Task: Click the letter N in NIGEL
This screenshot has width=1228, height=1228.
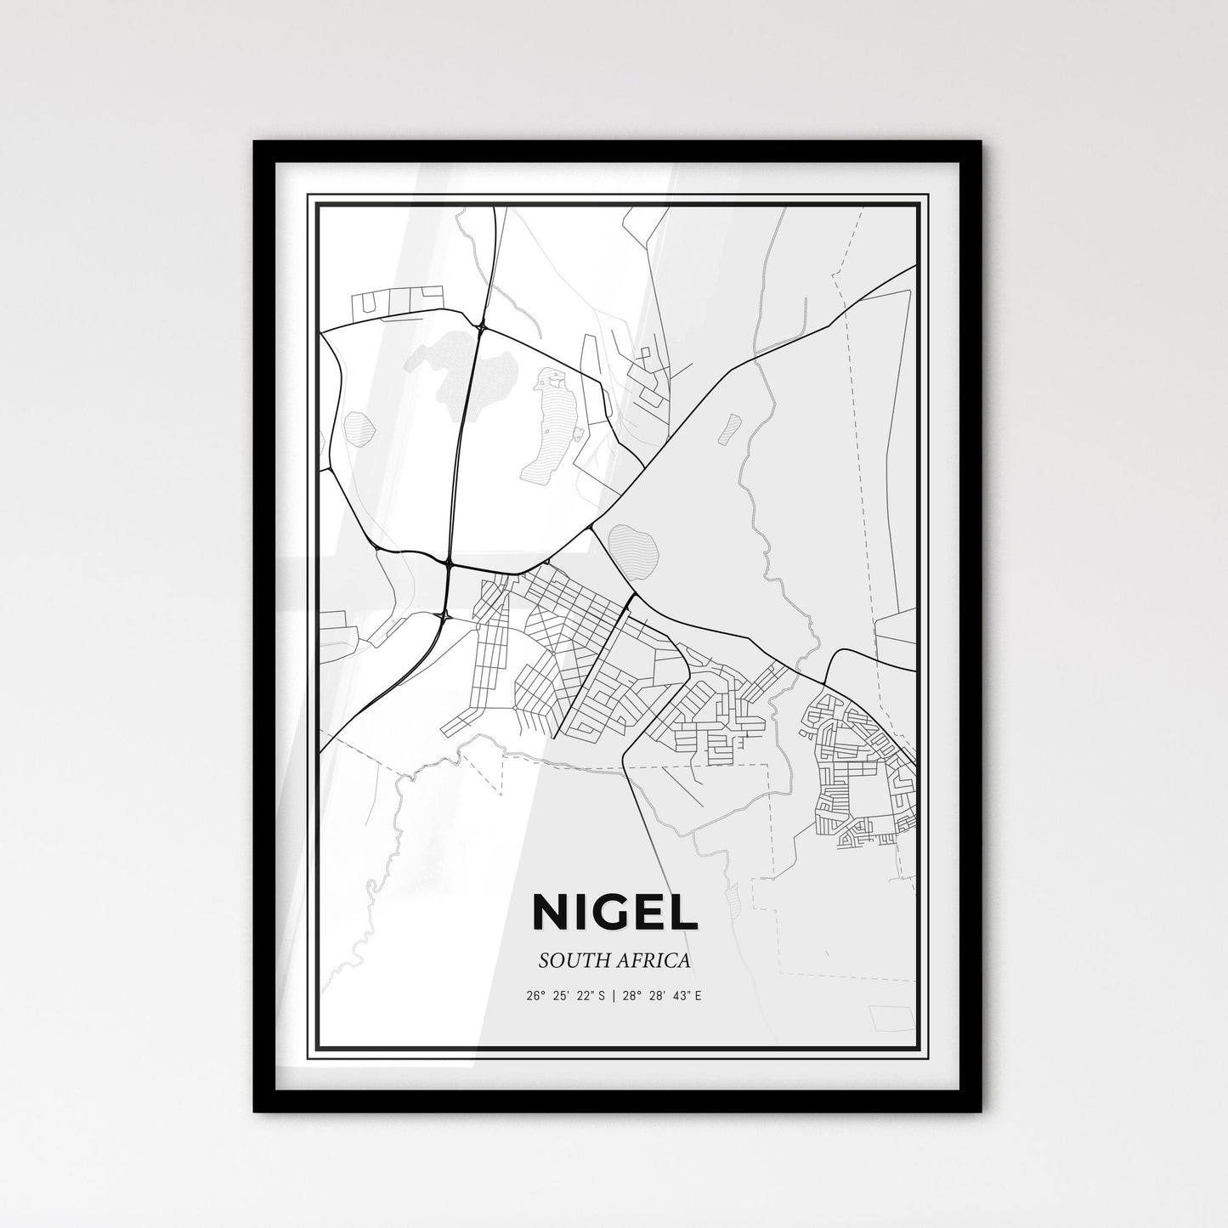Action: (x=551, y=912)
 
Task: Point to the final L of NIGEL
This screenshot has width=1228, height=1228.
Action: (x=686, y=912)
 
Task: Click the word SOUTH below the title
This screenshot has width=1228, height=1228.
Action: (x=569, y=960)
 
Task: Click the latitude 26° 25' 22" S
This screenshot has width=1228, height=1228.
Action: (x=565, y=995)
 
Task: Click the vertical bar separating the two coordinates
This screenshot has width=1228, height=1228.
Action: (x=614, y=995)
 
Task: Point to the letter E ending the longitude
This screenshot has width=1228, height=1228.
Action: (x=699, y=995)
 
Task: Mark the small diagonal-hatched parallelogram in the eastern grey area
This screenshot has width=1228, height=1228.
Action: (x=729, y=428)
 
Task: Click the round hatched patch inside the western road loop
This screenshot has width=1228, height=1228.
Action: (x=359, y=425)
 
